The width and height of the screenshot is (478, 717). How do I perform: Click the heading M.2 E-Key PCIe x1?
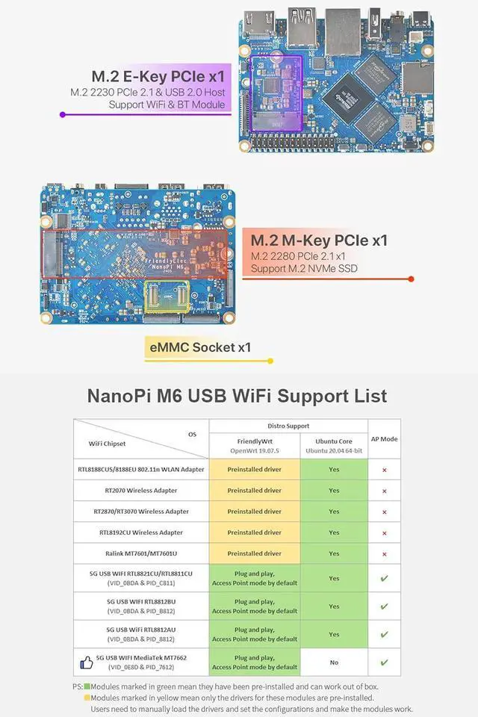158,76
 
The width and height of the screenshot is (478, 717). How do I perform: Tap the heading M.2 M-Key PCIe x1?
319,240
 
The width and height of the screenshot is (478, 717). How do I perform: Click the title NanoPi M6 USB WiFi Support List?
238,395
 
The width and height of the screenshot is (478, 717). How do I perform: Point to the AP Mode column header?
384,439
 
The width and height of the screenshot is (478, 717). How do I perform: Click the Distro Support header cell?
288,426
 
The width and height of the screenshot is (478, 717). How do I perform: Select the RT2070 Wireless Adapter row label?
140,491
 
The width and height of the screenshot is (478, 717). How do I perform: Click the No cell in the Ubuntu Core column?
334,662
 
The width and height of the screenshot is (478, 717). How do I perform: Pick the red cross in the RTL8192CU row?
384,533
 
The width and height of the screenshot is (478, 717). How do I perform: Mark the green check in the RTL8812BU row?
384,606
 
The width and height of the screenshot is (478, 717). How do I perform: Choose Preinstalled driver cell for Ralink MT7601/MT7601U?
255,553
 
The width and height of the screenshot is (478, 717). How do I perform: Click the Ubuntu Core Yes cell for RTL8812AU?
334,634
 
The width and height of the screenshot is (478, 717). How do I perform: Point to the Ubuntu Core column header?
334,446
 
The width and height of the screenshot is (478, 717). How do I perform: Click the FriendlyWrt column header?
255,446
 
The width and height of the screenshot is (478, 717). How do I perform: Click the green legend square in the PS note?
87,686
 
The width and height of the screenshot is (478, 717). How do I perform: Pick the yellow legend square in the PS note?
87,698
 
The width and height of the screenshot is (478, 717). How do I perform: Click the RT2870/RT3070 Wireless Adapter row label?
140,512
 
